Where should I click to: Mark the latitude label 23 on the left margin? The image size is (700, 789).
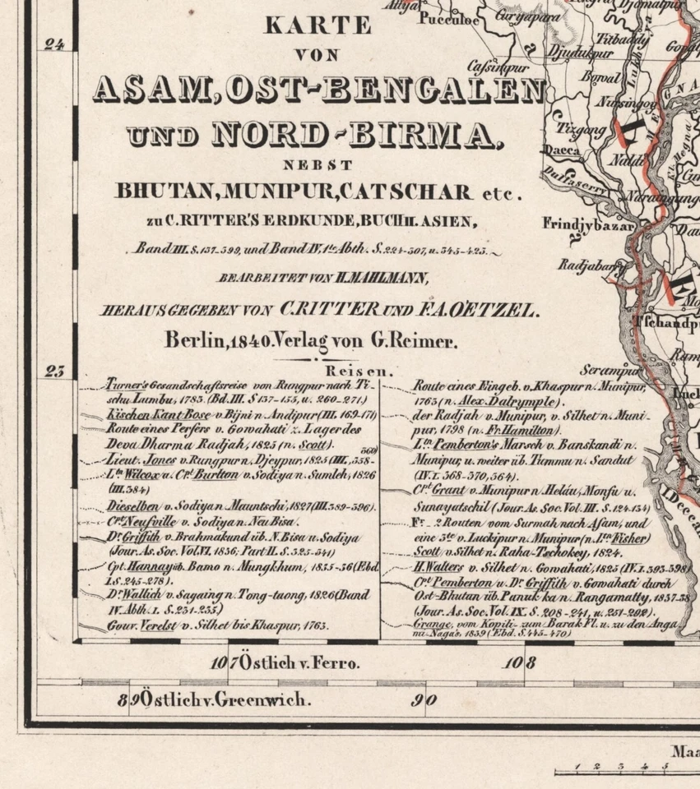click(x=54, y=371)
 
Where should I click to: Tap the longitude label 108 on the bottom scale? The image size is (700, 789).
click(x=515, y=662)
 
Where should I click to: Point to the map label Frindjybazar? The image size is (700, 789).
click(x=587, y=224)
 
